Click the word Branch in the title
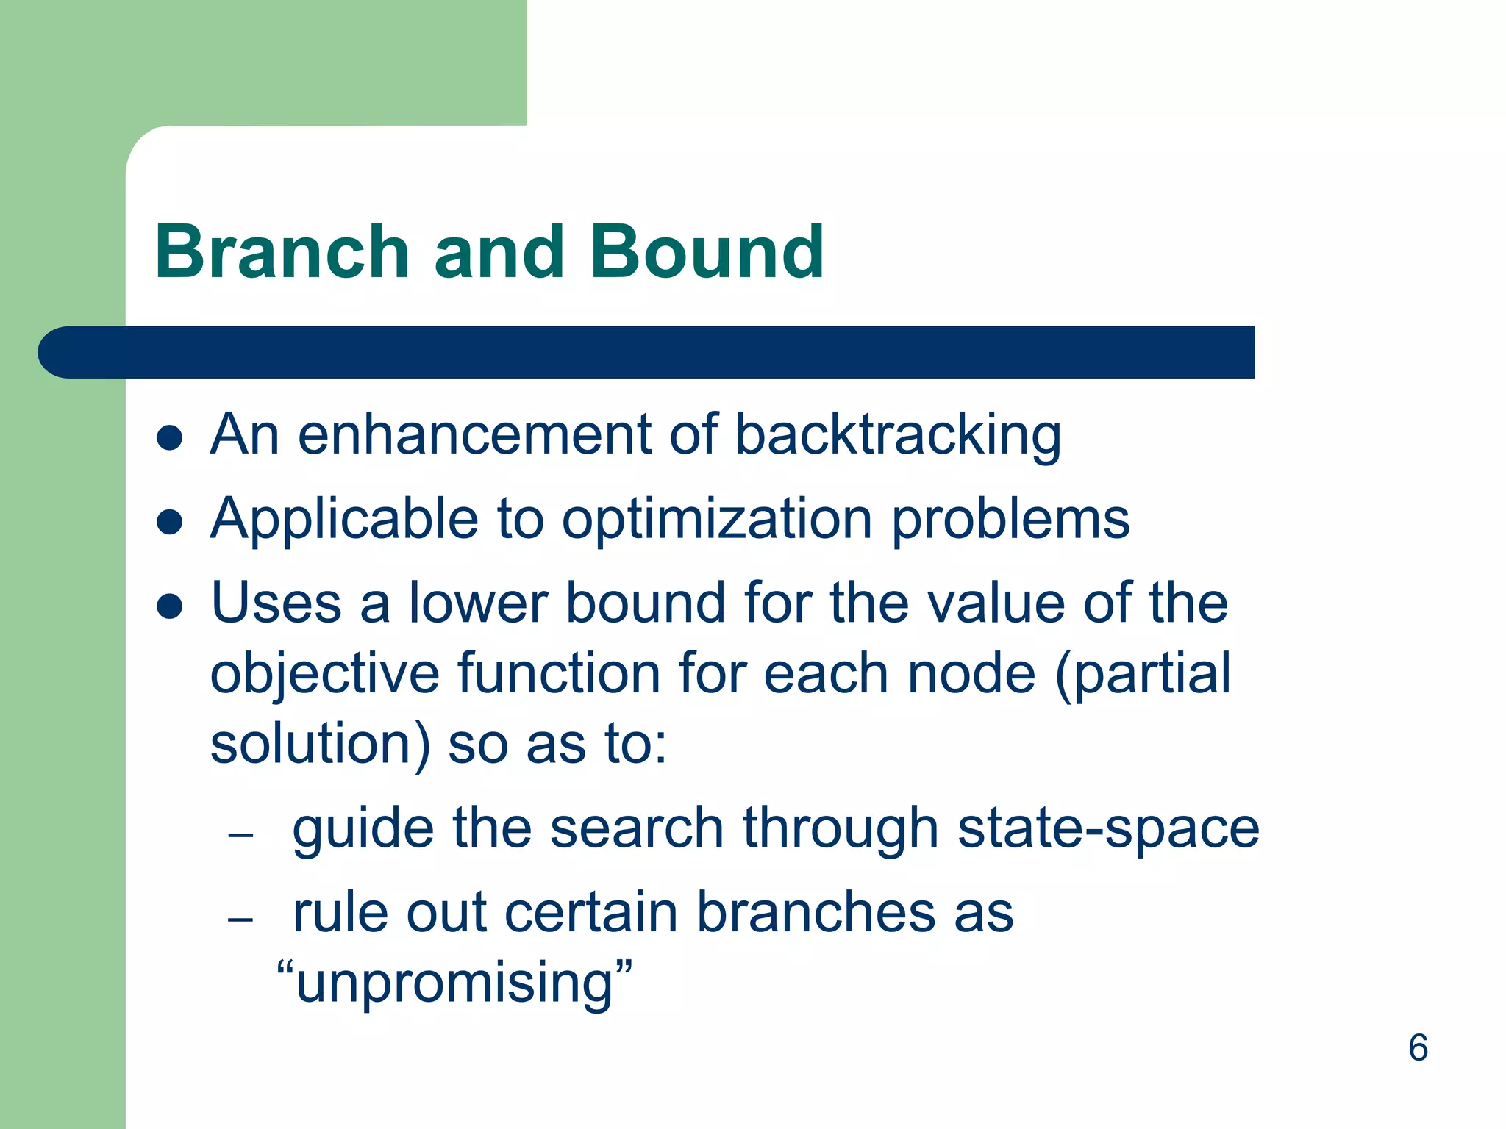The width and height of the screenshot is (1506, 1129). pyautogui.click(x=282, y=252)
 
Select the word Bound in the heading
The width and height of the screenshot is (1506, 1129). pyautogui.click(x=707, y=252)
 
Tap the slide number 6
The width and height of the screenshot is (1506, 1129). pyautogui.click(x=1418, y=1047)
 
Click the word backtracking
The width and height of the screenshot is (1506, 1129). pyautogui.click(x=898, y=435)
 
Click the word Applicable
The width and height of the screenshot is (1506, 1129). pyautogui.click(x=344, y=519)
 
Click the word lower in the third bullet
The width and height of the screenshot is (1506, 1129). pyautogui.click(x=478, y=603)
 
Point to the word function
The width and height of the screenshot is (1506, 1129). pyautogui.click(x=558, y=673)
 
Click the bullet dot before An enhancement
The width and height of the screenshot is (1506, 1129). pyautogui.click(x=170, y=438)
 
